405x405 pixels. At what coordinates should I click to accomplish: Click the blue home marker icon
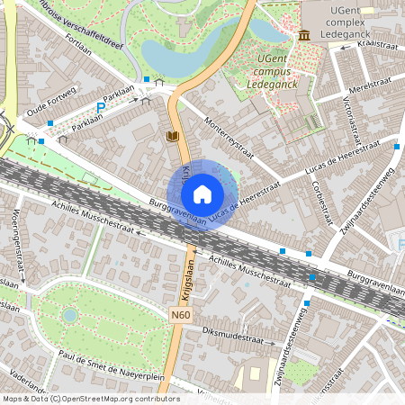coord(202,194)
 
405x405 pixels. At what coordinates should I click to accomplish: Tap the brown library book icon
coord(173,136)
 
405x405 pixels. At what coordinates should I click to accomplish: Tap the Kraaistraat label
coord(376,42)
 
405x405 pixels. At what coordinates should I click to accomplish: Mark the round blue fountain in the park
coord(70,315)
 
